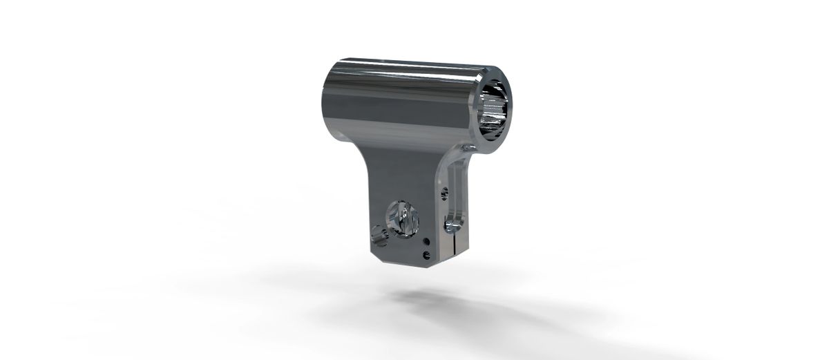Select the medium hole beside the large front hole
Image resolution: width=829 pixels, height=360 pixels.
click(x=379, y=235)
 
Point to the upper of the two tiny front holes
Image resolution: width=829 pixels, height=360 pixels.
click(x=426, y=241)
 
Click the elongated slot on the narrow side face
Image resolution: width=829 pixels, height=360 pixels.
click(x=455, y=190)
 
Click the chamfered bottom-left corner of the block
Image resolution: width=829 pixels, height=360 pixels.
click(x=376, y=257)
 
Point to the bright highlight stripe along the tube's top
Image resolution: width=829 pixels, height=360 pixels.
click(x=408, y=71)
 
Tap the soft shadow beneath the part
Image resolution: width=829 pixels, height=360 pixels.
click(x=442, y=304)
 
